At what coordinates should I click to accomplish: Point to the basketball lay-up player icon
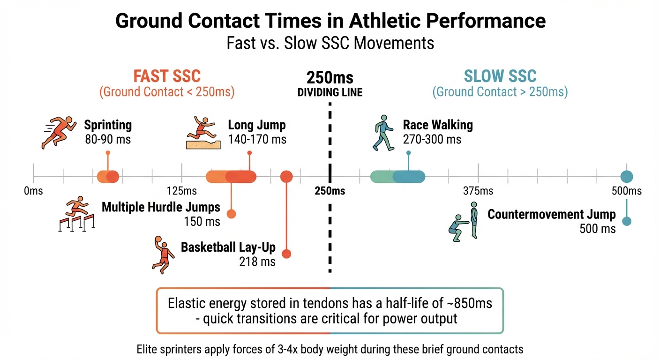[162, 254]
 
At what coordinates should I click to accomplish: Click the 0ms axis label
[33, 191]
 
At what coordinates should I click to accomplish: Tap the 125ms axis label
[181, 191]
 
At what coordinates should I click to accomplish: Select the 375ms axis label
[478, 191]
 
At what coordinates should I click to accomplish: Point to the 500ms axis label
[626, 191]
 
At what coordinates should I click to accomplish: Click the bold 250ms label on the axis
[330, 191]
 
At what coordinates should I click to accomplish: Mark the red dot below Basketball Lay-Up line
[286, 254]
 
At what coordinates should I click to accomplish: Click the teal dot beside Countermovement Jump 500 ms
[627, 221]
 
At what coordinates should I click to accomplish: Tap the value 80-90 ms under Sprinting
[108, 139]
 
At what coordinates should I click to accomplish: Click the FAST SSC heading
[167, 76]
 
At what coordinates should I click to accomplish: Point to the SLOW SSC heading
[500, 76]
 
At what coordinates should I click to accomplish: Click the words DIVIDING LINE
[330, 92]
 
